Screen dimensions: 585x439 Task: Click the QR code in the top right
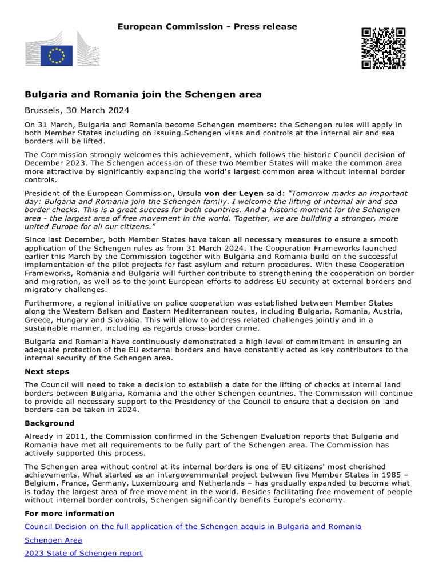(x=383, y=48)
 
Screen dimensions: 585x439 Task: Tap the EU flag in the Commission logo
(x=57, y=55)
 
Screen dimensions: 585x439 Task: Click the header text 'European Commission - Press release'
(x=207, y=27)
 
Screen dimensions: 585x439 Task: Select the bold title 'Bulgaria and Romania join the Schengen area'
(x=143, y=94)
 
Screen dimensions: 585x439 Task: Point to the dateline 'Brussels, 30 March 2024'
(x=77, y=110)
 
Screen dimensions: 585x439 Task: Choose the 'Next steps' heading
(x=47, y=371)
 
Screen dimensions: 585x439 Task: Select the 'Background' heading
(x=49, y=423)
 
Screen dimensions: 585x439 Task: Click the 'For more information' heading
(x=70, y=513)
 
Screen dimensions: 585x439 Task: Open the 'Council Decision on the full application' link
(x=193, y=526)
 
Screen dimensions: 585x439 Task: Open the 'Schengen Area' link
(x=53, y=540)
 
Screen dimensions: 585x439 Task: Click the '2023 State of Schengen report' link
(x=83, y=553)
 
